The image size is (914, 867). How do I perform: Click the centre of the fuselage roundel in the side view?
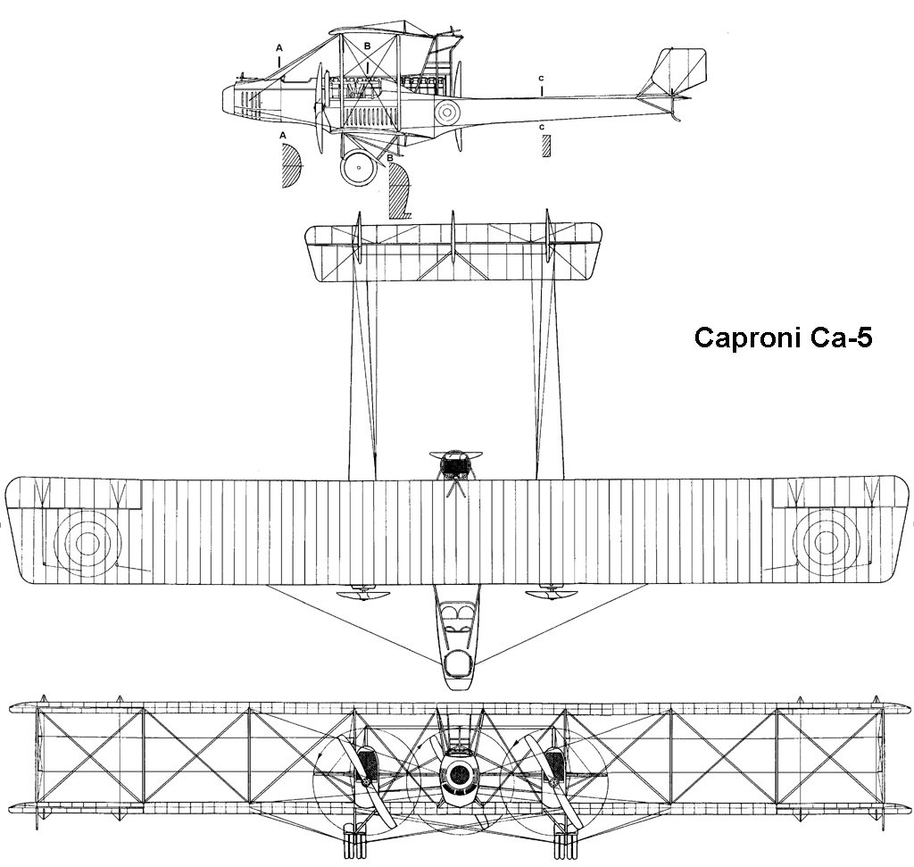[x=447, y=111]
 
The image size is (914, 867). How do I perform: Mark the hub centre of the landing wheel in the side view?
[x=359, y=168]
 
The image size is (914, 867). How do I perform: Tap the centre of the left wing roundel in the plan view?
[x=87, y=544]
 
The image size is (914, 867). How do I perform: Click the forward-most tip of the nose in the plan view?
[x=457, y=690]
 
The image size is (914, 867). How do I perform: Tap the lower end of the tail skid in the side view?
[x=677, y=121]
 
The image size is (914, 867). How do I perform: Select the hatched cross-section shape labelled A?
[x=292, y=166]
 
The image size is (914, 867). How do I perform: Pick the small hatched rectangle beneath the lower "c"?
[x=545, y=146]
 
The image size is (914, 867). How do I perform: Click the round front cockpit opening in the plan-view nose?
[x=457, y=663]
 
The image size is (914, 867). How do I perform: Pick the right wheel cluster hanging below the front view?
[x=563, y=844]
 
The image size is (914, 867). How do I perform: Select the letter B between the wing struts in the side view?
[x=367, y=46]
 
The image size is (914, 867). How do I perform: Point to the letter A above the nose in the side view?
[x=279, y=46]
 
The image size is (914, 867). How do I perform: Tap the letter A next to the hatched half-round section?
[x=284, y=135]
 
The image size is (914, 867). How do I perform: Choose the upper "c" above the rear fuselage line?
[x=542, y=78]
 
